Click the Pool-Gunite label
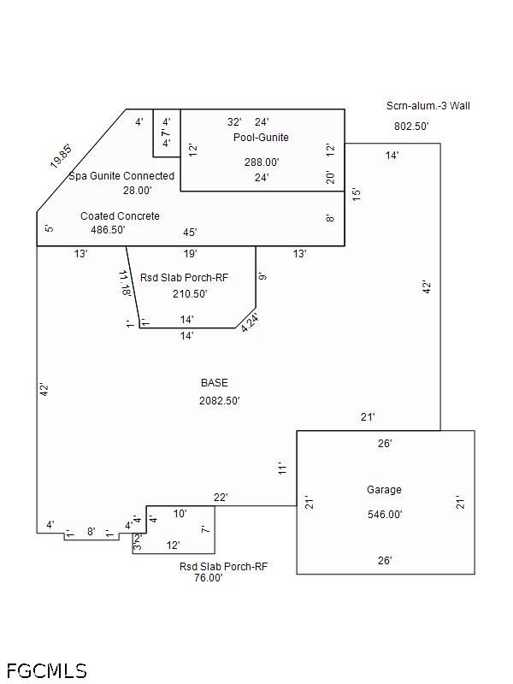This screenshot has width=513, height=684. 261,138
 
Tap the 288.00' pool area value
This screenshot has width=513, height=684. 262,162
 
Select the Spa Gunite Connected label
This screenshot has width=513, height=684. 121,176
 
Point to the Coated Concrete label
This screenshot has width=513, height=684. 120,216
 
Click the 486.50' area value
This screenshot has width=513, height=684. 109,230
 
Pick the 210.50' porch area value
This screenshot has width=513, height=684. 190,294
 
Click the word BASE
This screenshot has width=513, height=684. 215,383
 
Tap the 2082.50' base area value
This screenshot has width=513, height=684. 220,400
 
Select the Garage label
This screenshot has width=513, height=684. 384,490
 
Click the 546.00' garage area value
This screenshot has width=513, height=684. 385,515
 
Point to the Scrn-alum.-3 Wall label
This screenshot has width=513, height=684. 428,106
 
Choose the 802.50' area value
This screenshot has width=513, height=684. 411,126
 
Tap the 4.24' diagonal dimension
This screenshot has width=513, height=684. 250,322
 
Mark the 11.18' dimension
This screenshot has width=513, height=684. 125,283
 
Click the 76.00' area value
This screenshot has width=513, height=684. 208,578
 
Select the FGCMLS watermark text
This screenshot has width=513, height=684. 46,669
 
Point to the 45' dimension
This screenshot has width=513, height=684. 190,233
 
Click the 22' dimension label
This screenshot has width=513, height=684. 221,498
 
